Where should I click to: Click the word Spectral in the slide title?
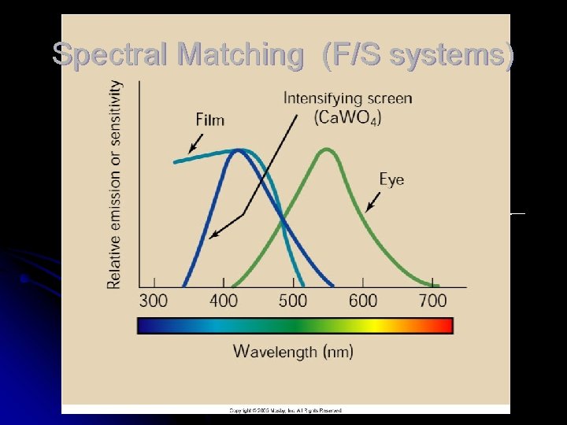111,54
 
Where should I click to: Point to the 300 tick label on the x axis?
154,301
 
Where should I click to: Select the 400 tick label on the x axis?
224,301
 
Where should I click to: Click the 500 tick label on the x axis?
293,301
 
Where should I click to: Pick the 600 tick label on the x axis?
363,301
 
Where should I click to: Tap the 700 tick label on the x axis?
432,301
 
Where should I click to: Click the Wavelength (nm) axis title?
293,351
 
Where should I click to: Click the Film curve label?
210,120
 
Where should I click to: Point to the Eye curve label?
391,179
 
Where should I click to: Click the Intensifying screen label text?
347,99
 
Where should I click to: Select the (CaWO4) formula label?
347,117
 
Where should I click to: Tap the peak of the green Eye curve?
326,149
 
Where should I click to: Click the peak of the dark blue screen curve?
237,150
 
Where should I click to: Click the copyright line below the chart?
285,410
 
